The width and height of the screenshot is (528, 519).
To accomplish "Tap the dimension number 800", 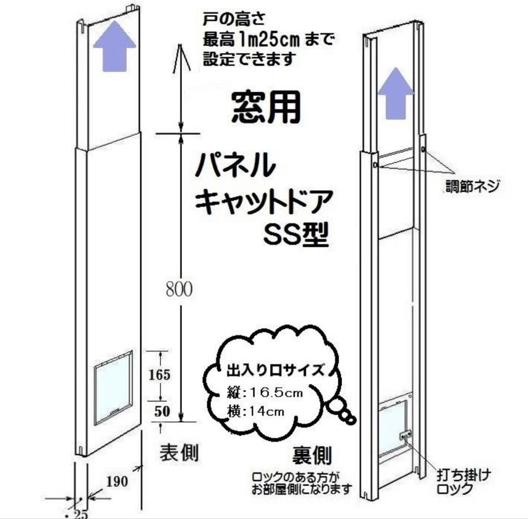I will coord(178,290).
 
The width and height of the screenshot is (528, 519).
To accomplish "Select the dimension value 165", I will coord(159,375).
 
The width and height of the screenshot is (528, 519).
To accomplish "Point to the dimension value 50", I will coord(162,411).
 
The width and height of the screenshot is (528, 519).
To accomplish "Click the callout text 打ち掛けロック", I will coord(462,481).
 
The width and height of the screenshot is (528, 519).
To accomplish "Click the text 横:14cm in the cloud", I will coord(256,411).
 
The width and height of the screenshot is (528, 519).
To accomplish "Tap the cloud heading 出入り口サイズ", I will coord(274,370).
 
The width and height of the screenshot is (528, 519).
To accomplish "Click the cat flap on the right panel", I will coord(394,425).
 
